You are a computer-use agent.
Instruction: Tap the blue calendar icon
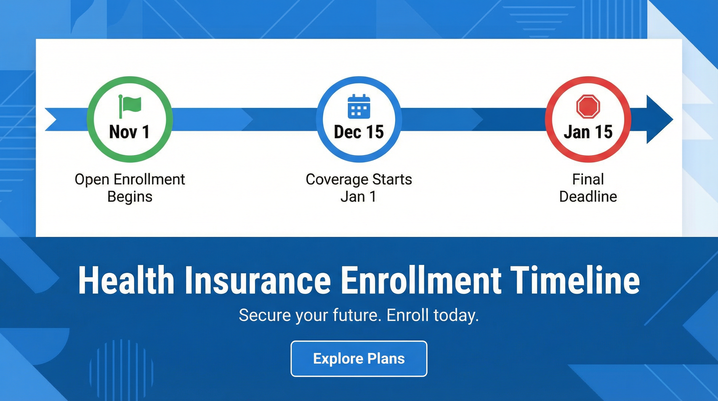click(359, 106)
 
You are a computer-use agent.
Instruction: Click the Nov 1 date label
click(129, 132)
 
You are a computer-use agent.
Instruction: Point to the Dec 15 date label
click(359, 132)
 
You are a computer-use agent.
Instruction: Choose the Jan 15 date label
click(588, 132)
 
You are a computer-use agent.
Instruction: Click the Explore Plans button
click(359, 359)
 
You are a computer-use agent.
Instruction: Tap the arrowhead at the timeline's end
click(660, 119)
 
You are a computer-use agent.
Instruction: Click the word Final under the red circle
click(588, 179)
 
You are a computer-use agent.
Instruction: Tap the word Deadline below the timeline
click(588, 197)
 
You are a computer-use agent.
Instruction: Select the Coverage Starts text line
click(359, 179)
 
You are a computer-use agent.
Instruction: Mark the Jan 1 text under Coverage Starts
click(359, 197)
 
